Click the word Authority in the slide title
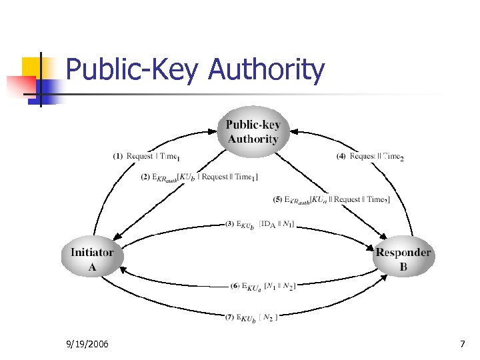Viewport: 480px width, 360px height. coord(266,70)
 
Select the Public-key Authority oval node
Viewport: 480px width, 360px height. coord(253,132)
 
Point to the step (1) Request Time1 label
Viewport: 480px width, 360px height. coord(147,157)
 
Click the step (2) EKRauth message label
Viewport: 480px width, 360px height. coord(199,177)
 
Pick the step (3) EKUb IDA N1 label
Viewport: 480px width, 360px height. coord(260,224)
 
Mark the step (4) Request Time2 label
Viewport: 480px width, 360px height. coord(370,157)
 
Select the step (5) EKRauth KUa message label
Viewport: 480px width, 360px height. coord(331,199)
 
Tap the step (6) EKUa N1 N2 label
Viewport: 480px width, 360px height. coord(263,286)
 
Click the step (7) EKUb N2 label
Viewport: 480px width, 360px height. coord(251,317)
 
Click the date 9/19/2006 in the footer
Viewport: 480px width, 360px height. coord(89,344)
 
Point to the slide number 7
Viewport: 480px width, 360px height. coord(462,344)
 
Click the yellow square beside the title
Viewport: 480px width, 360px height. coord(33,67)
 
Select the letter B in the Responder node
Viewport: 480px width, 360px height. coord(403,267)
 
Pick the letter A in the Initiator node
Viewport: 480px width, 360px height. coord(92,267)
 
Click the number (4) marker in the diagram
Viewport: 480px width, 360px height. coord(341,157)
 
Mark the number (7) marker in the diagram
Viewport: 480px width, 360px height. coord(229,317)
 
